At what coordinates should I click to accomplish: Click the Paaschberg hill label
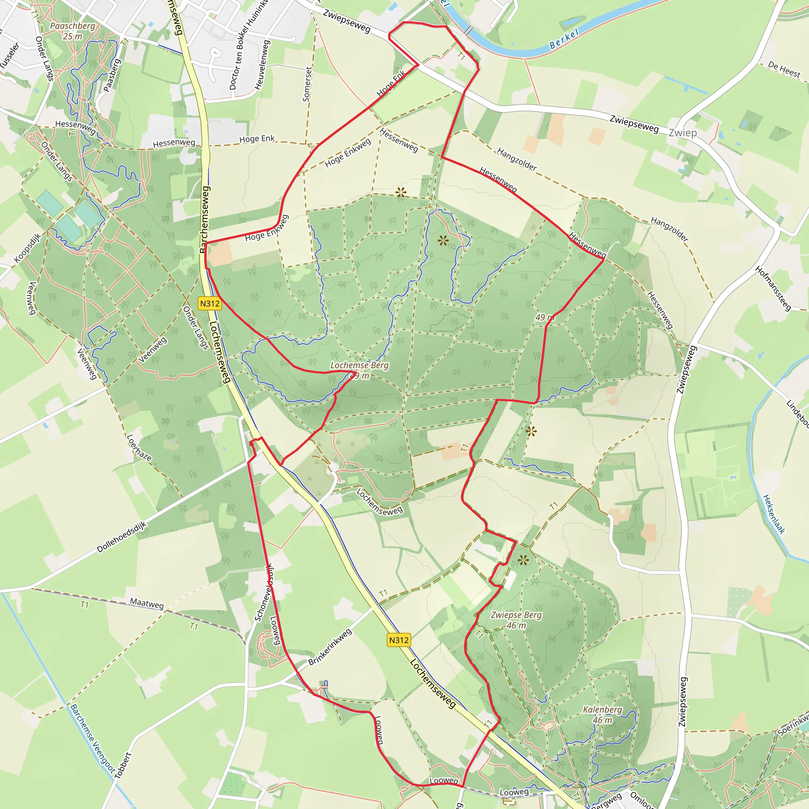point(72,26)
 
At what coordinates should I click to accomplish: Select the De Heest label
point(784,70)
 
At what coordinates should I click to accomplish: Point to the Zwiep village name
point(683,133)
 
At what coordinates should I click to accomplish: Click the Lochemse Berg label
point(359,365)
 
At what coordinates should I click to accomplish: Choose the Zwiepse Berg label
point(516,615)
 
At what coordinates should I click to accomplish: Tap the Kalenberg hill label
point(602,710)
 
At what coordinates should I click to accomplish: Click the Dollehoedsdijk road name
point(121,537)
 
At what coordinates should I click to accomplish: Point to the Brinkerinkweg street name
point(330,647)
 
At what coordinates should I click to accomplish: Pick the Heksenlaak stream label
point(773,514)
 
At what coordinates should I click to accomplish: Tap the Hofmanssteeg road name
point(773,288)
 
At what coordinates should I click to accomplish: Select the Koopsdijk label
point(27,248)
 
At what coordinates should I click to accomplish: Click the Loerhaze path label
point(139,448)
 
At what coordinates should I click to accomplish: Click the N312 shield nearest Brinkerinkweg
point(398,640)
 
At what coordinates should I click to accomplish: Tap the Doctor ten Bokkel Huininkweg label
point(247,46)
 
